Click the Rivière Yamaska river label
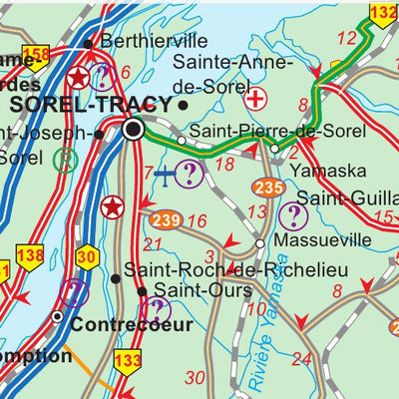click(257, 328)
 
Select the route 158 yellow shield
click(35, 54)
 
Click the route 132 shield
click(382, 12)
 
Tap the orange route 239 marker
click(167, 219)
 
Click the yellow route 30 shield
click(87, 256)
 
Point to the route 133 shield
click(128, 361)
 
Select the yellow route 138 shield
click(30, 256)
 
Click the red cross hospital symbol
click(255, 99)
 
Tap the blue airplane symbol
click(165, 175)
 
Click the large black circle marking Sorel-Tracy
click(134, 130)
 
